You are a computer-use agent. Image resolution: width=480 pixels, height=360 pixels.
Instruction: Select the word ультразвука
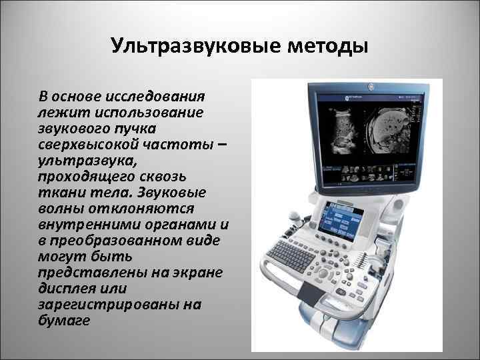tap(83, 160)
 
